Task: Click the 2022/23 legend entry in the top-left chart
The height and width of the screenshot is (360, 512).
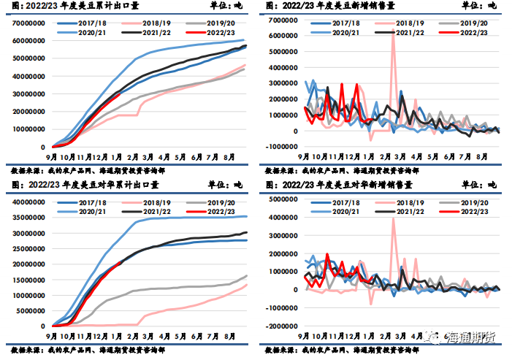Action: pyautogui.click(x=220, y=33)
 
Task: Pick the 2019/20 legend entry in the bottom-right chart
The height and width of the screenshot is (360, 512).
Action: pyautogui.click(x=474, y=201)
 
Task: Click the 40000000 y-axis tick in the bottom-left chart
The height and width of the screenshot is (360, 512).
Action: pyautogui.click(x=26, y=202)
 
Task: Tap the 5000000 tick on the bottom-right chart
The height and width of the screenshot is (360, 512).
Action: pyautogui.click(x=280, y=199)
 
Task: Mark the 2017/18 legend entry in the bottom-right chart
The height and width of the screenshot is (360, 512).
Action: pyautogui.click(x=348, y=201)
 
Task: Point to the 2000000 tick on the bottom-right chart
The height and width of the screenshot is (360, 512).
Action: pyautogui.click(x=280, y=253)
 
